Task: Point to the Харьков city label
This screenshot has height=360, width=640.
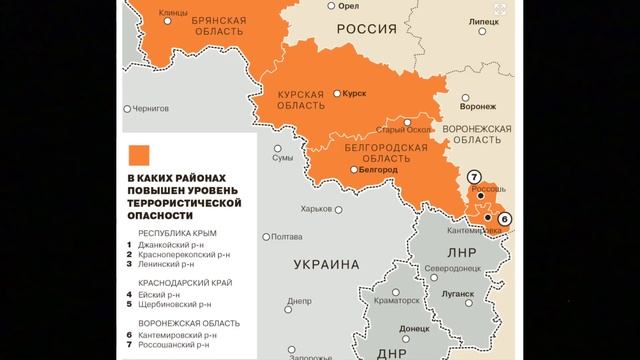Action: coord(317,209)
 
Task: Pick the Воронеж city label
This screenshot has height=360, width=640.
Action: coord(478,105)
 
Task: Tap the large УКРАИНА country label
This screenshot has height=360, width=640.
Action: coord(326,265)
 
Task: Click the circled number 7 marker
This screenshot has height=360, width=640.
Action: coord(474,177)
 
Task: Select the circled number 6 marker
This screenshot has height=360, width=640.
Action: coord(504,218)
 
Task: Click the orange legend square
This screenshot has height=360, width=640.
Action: coord(138,154)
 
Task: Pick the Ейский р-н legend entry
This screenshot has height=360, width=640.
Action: coord(162,295)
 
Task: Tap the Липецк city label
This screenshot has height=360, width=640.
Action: coord(481,20)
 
